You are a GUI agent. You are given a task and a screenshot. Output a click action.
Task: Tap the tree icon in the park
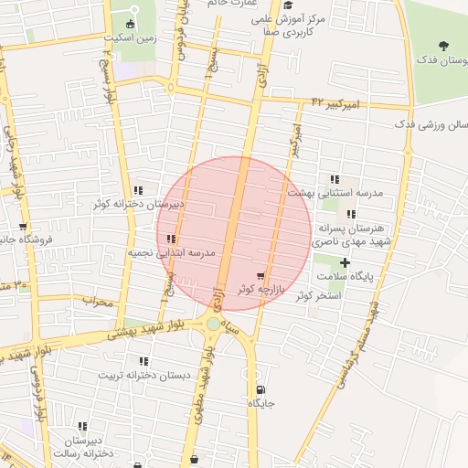click(x=445, y=46)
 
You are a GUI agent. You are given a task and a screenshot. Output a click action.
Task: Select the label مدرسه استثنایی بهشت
click(x=328, y=193)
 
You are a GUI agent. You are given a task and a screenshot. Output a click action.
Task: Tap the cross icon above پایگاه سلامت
click(x=345, y=263)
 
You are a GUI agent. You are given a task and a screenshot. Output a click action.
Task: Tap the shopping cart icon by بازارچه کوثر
click(x=261, y=276)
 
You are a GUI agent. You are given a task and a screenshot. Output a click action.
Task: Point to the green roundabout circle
click(x=213, y=324)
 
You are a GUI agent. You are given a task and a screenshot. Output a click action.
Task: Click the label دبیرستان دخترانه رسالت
click(x=83, y=446)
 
